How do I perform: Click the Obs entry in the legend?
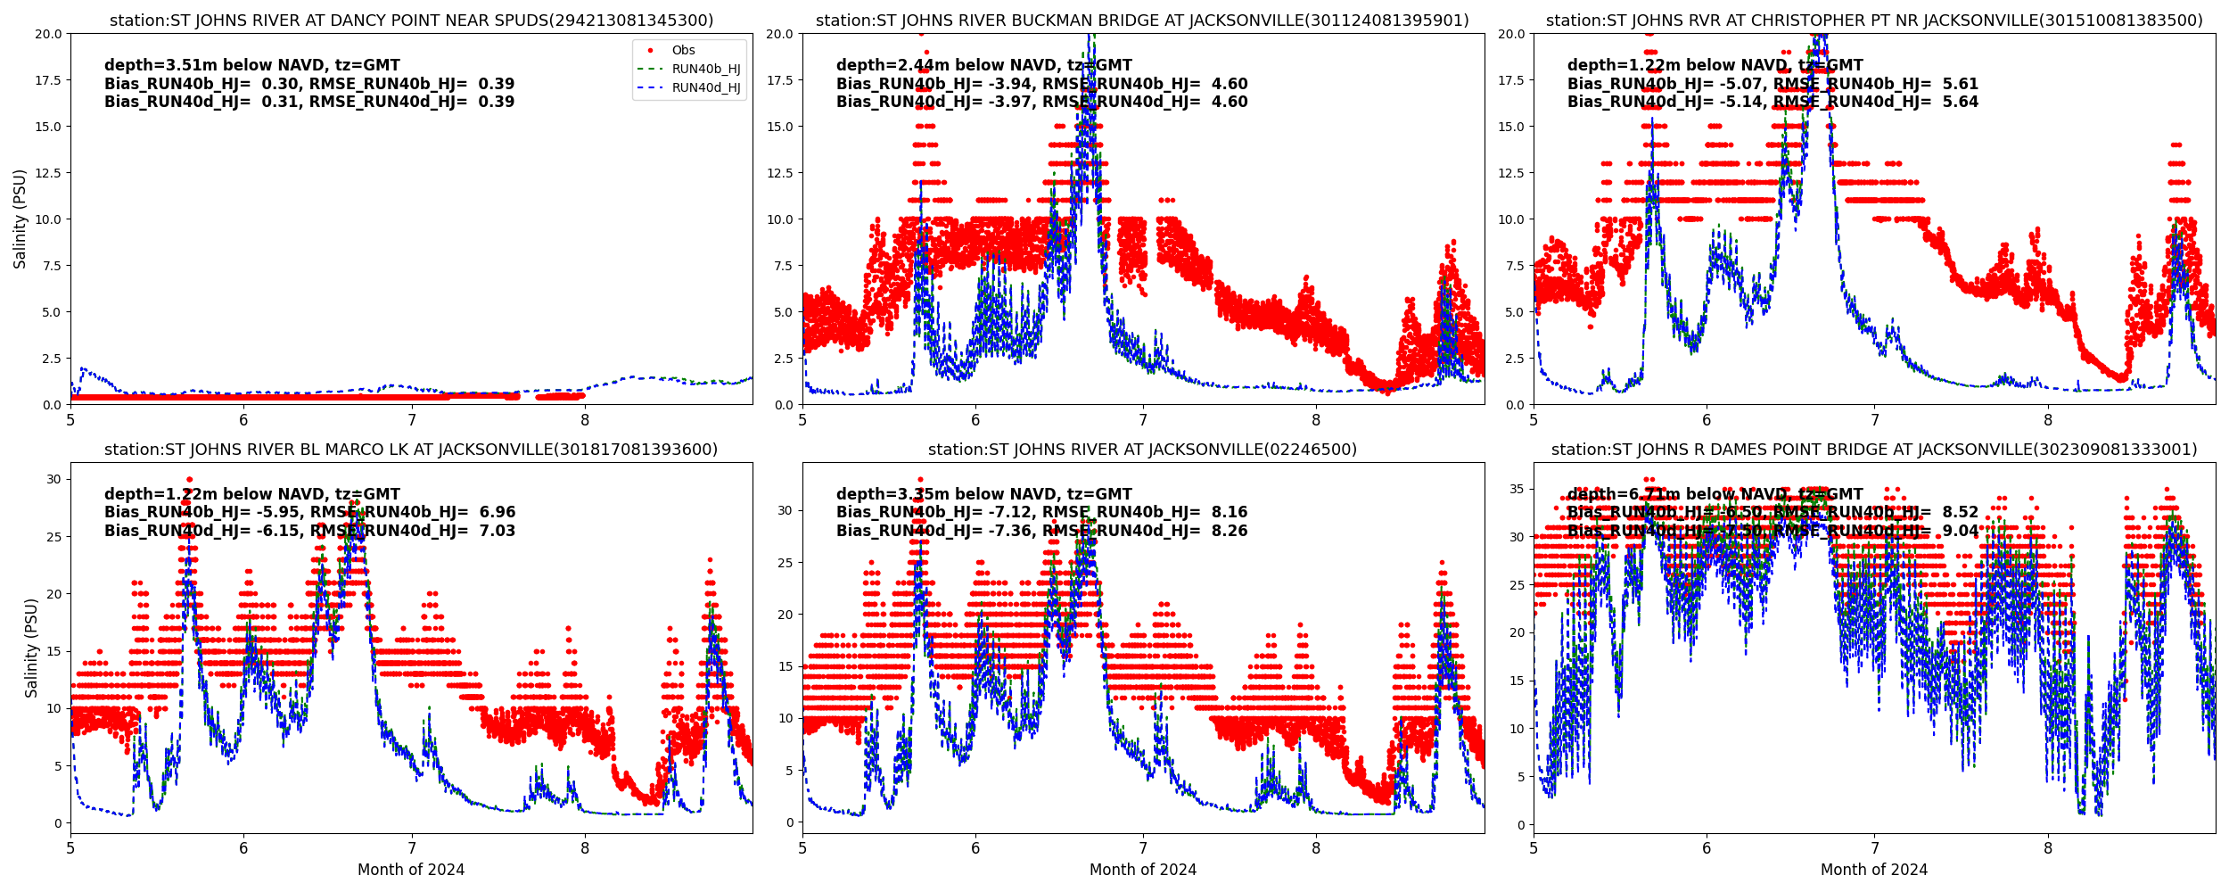point(683,51)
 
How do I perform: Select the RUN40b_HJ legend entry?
point(705,70)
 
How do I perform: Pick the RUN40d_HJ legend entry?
point(705,87)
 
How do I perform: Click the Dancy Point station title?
point(411,21)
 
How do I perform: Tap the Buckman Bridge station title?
point(1142,21)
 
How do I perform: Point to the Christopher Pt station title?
point(1874,21)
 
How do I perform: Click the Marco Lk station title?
point(411,450)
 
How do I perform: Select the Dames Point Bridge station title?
point(1874,450)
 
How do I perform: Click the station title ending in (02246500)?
point(1142,450)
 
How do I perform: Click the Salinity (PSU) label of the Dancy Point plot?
point(20,219)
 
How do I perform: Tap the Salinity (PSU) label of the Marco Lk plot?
point(31,648)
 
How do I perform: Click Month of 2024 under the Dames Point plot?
point(1874,870)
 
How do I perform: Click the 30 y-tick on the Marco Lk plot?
point(53,479)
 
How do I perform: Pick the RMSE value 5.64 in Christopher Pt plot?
point(1961,102)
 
